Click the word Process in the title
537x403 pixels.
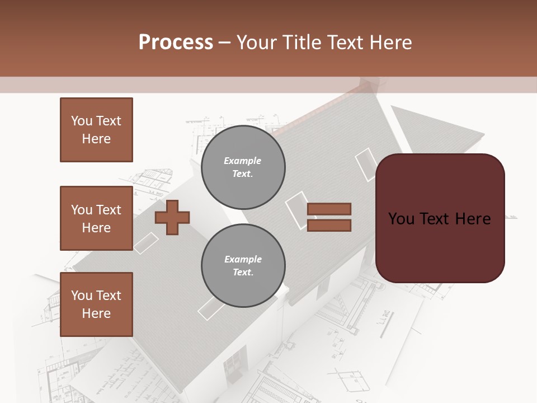pos(176,43)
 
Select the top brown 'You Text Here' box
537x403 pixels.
pos(96,130)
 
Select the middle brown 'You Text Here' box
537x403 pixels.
pos(96,218)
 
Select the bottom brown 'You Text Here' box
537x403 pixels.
pos(96,304)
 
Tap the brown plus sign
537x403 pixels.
pos(172,217)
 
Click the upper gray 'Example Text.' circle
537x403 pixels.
pos(243,167)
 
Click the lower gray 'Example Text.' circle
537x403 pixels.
pos(243,266)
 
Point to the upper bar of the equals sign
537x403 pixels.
pos(329,209)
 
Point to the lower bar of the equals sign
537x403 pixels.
pos(329,226)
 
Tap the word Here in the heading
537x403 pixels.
pos(389,43)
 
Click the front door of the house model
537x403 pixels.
pos(235,361)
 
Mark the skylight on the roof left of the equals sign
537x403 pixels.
pos(297,210)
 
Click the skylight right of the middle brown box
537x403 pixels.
pos(145,243)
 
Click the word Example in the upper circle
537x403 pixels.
pos(243,161)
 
